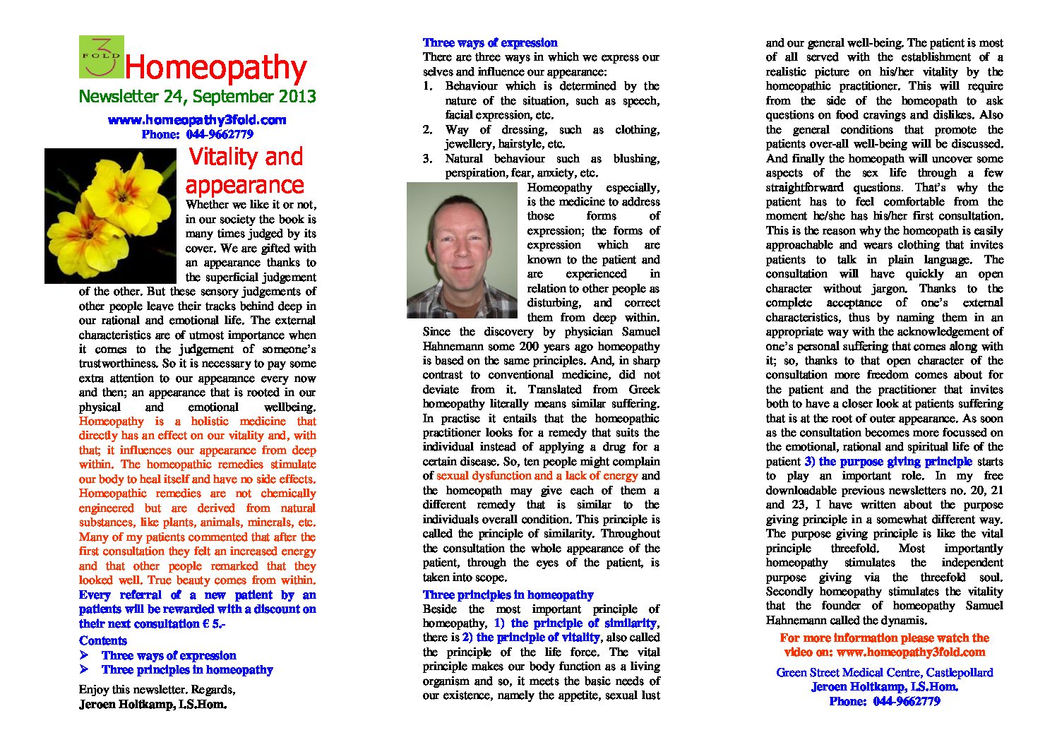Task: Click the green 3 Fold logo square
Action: click(101, 56)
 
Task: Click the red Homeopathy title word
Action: click(215, 68)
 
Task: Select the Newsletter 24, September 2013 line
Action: click(197, 97)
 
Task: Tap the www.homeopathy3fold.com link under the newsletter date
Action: click(197, 120)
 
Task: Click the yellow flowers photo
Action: click(110, 215)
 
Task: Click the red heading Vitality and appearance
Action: click(244, 170)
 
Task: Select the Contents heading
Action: click(103, 641)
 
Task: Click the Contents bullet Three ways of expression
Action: click(169, 656)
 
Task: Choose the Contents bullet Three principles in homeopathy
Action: click(187, 670)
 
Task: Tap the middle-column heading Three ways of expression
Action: click(490, 43)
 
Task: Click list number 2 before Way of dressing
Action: click(427, 130)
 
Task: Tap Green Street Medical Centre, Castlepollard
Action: click(885, 673)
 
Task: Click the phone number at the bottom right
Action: click(906, 702)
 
